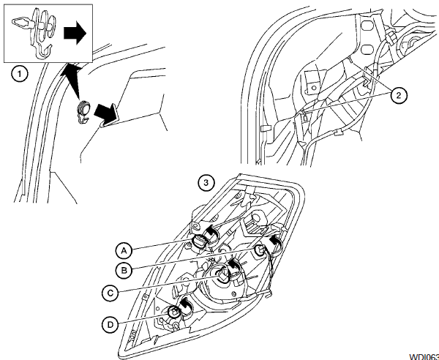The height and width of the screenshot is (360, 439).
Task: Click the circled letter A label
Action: click(124, 247)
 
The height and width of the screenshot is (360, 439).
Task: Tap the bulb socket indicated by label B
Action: click(260, 250)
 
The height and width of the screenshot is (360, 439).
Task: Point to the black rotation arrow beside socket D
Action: click(185, 305)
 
